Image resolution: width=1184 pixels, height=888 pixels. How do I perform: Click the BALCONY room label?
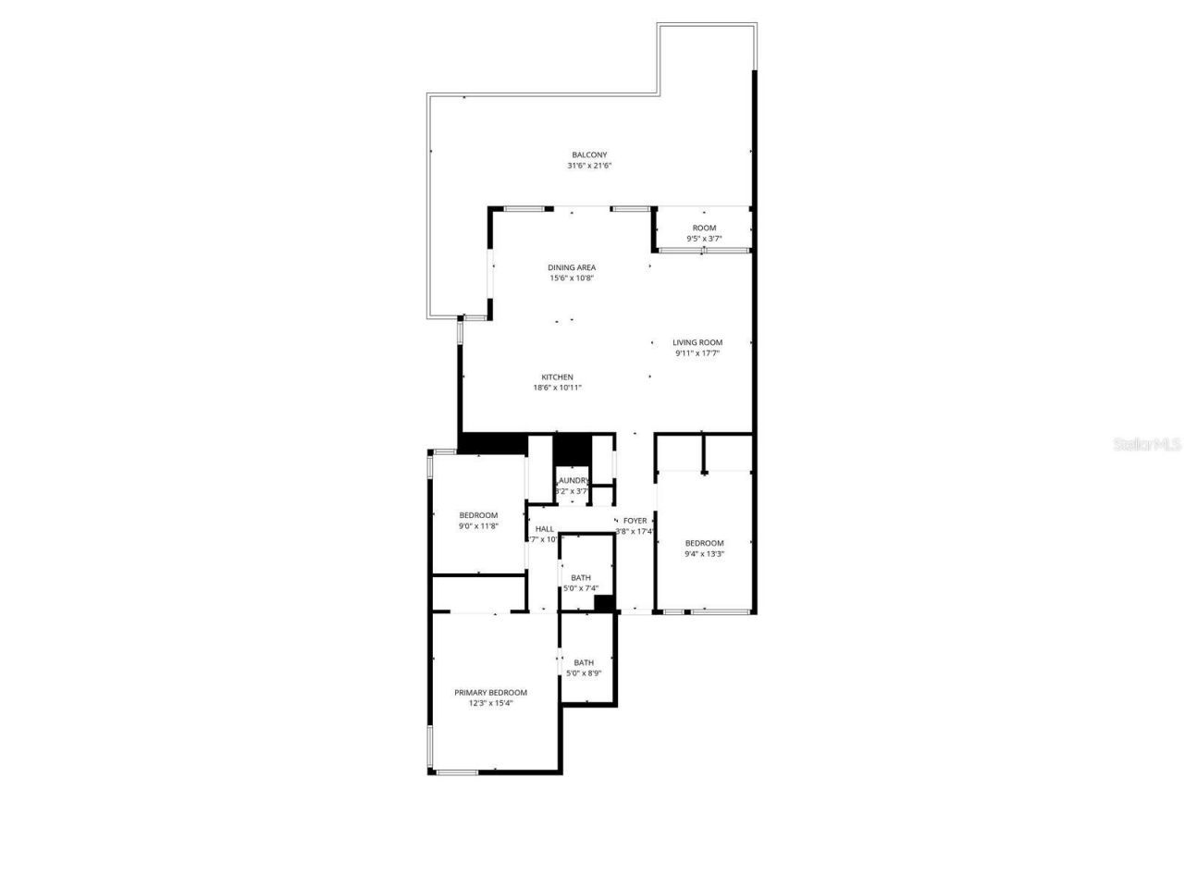(x=589, y=154)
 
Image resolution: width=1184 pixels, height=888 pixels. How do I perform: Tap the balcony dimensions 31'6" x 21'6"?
(x=589, y=166)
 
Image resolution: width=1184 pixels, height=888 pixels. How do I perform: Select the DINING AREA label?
(x=572, y=267)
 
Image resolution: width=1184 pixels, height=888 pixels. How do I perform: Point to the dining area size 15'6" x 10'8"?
(x=572, y=277)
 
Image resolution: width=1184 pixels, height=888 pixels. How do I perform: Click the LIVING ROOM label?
(x=697, y=342)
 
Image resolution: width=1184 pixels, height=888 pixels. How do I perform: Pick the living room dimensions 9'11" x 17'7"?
(x=697, y=352)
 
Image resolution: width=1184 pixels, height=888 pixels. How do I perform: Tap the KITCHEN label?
(x=557, y=377)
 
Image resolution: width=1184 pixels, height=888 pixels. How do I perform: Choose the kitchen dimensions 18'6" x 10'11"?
(x=557, y=388)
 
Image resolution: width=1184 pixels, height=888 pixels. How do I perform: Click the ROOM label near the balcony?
(x=704, y=228)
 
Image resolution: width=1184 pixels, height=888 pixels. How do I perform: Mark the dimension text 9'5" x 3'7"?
(x=704, y=239)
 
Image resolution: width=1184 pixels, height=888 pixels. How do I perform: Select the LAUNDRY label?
(x=573, y=480)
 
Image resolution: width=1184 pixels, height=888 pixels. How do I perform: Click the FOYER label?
(x=635, y=521)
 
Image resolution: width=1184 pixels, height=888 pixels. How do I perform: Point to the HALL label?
(x=545, y=529)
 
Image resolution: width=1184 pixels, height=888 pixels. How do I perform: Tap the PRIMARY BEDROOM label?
(x=490, y=692)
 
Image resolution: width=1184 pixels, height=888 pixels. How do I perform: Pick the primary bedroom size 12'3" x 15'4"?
(x=490, y=703)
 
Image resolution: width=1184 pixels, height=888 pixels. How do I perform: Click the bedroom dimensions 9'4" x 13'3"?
(x=704, y=554)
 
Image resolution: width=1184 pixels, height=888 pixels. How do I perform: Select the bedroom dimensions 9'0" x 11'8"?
(x=478, y=526)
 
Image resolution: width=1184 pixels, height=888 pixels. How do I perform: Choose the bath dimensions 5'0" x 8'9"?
(x=584, y=673)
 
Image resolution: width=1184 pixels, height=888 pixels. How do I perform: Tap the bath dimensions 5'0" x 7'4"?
(x=581, y=588)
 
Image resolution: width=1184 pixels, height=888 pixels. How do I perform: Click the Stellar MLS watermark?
(x=1147, y=445)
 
